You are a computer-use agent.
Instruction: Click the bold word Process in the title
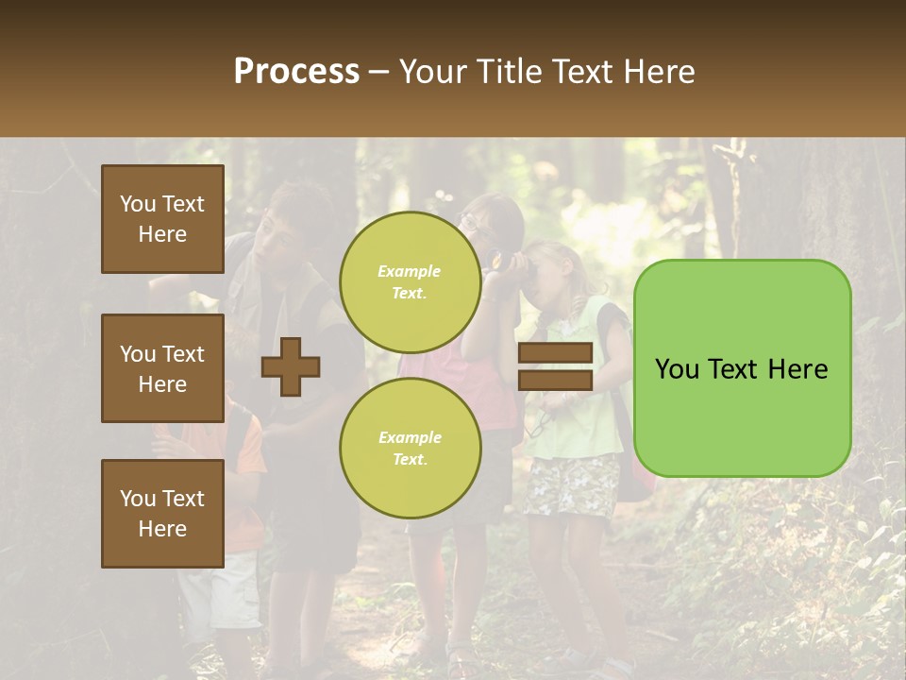click(x=296, y=72)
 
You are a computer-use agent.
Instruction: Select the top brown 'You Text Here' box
click(x=162, y=219)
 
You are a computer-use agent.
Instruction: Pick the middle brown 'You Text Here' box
click(x=162, y=368)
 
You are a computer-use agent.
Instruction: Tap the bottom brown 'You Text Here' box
click(x=162, y=514)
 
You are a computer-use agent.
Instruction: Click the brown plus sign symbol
click(x=291, y=366)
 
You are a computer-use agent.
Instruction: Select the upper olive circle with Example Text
click(x=410, y=281)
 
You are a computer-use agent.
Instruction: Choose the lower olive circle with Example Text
click(x=410, y=448)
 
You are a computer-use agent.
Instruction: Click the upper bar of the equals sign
click(x=555, y=353)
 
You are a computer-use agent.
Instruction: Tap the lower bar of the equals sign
click(x=555, y=380)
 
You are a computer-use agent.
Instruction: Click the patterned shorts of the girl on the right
click(x=571, y=486)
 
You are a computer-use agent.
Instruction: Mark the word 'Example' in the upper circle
click(x=409, y=271)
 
